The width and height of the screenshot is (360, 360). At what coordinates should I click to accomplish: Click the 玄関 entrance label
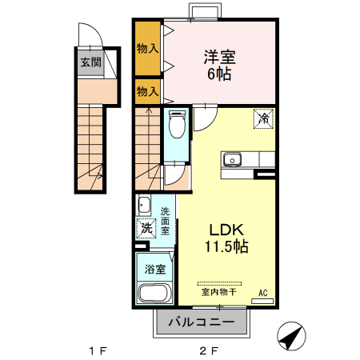click(x=90, y=62)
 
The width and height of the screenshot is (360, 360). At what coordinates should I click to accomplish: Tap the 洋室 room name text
click(x=218, y=57)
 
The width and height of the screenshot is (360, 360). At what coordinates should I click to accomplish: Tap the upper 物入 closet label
click(x=147, y=49)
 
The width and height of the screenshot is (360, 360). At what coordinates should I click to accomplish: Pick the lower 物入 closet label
click(x=147, y=91)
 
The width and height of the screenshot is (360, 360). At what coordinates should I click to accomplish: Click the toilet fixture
click(x=177, y=125)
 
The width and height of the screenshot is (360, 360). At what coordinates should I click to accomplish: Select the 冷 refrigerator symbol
click(x=263, y=118)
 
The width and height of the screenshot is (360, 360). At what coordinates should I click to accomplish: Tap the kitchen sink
click(x=233, y=158)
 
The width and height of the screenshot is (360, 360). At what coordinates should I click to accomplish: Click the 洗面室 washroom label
click(x=165, y=220)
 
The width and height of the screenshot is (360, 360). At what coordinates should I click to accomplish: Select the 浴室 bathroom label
click(x=154, y=270)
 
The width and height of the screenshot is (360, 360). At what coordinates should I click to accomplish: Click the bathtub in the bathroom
click(x=155, y=294)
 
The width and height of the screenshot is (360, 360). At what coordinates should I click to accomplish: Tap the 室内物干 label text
click(x=218, y=293)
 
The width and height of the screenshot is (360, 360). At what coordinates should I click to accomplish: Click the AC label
click(x=263, y=293)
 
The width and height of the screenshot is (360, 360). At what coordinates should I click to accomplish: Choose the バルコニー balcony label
click(x=202, y=323)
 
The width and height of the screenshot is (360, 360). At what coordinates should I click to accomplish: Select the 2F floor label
click(x=209, y=350)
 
